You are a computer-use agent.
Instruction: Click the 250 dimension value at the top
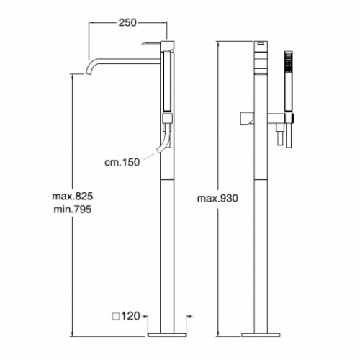click(x=127, y=23)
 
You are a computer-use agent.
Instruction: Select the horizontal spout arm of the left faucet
click(x=130, y=60)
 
